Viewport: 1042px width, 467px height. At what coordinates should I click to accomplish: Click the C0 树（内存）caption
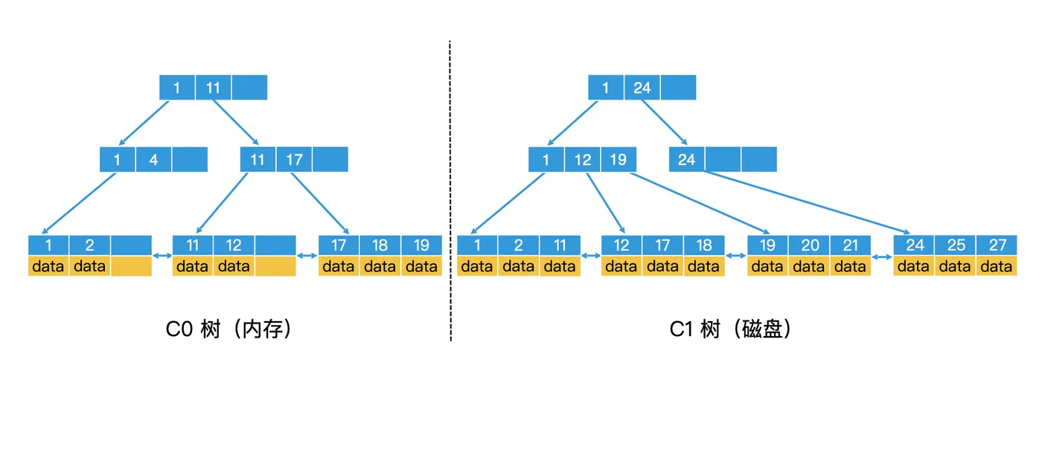pyautogui.click(x=228, y=329)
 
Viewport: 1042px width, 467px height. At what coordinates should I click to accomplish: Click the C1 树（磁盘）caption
pyautogui.click(x=731, y=329)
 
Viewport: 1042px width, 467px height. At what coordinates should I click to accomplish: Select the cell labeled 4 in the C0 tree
pyautogui.click(x=153, y=160)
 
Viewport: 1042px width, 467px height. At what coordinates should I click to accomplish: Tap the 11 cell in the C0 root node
pyautogui.click(x=213, y=88)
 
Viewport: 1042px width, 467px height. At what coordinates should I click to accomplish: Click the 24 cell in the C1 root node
pyautogui.click(x=642, y=88)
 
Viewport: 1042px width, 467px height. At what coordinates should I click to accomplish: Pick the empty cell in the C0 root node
pyautogui.click(x=249, y=88)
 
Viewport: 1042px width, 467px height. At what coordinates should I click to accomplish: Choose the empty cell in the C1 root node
pyautogui.click(x=678, y=88)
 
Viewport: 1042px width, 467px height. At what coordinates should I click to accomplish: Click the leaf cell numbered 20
pyautogui.click(x=809, y=245)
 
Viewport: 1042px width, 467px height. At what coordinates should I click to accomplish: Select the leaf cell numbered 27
pyautogui.click(x=997, y=245)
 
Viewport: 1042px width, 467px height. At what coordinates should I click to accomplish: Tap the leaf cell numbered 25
pyautogui.click(x=955, y=245)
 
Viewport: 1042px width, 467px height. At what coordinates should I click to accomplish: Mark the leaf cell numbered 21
pyautogui.click(x=851, y=245)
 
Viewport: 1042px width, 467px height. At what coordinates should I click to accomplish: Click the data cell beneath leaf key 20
pyautogui.click(x=809, y=266)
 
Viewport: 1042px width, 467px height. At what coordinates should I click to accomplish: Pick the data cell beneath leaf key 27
pyautogui.click(x=997, y=266)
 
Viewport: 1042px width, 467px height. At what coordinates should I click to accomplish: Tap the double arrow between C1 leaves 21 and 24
pyautogui.click(x=882, y=257)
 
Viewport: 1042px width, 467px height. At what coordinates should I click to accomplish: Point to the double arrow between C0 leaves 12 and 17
pyautogui.click(x=307, y=257)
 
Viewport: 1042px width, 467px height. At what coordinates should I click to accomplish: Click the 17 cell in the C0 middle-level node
pyautogui.click(x=294, y=160)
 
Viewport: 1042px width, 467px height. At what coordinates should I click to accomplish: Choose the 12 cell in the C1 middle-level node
pyautogui.click(x=582, y=160)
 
